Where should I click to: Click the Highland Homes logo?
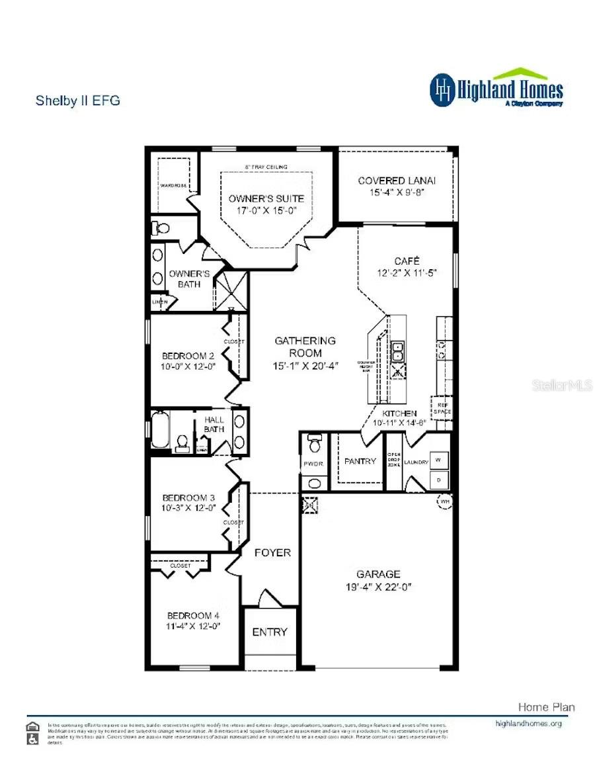496,89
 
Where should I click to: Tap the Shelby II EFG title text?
77,101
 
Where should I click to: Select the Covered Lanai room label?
397,181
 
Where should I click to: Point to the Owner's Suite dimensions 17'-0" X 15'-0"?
266,211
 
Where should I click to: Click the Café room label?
407,261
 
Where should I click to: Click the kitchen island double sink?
399,353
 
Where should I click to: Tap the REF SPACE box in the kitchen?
442,407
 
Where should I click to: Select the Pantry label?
360,461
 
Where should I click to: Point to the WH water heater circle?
443,502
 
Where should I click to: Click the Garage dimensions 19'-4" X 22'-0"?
378,587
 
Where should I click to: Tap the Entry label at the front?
270,632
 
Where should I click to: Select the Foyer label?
272,552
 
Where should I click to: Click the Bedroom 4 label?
193,615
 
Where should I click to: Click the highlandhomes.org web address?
528,723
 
